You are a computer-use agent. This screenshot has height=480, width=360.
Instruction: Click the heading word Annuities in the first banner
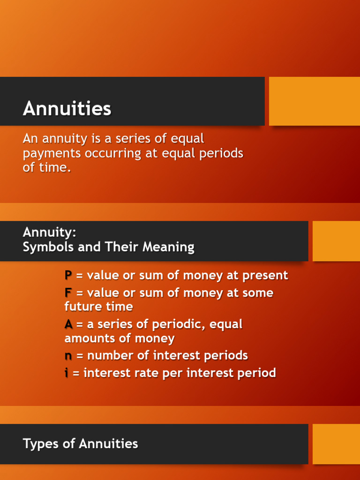point(67,109)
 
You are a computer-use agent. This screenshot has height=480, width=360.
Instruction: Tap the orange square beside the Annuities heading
point(314,101)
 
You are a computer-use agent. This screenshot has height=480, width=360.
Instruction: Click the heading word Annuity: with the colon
point(49,232)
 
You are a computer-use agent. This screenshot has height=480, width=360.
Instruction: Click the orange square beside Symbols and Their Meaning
point(336,241)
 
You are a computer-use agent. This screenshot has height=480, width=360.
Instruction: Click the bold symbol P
point(68,276)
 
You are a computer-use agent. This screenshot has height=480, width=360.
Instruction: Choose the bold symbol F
point(68,293)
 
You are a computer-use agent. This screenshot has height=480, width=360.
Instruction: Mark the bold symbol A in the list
point(68,324)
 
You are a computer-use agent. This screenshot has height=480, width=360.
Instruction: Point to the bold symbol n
point(68,356)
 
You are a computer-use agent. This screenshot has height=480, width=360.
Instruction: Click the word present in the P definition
point(266,276)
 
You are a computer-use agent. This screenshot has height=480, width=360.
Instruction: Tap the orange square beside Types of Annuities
point(336,444)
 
